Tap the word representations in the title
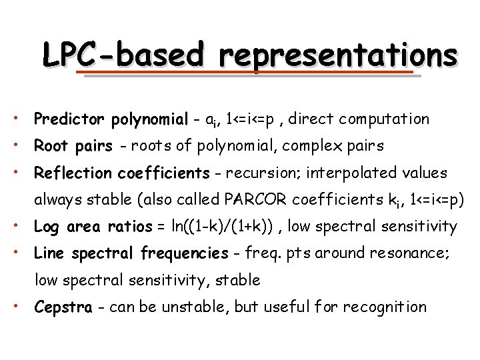(x=341, y=55)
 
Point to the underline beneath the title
(x=247, y=74)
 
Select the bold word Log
(x=46, y=227)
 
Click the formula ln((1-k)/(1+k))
(x=222, y=227)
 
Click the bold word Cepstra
(x=63, y=307)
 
